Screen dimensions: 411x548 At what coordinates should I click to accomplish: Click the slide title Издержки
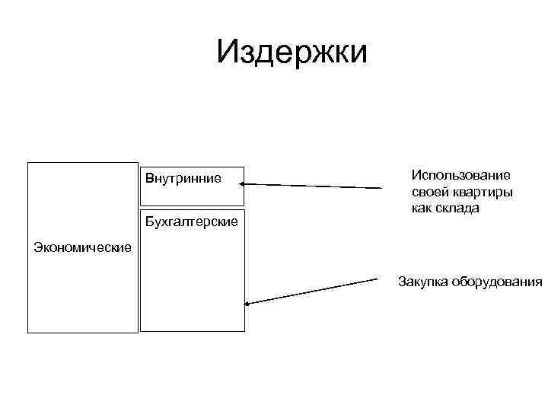tap(292, 53)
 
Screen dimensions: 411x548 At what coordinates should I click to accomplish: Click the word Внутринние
tap(183, 179)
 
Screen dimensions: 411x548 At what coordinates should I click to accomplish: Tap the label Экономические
tap(83, 247)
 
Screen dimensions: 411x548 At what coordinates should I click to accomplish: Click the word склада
tap(457, 208)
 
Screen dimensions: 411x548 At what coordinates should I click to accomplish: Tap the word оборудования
tap(496, 282)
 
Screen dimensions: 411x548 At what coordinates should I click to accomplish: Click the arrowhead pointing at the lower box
tap(247, 305)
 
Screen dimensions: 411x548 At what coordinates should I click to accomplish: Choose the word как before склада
tap(422, 208)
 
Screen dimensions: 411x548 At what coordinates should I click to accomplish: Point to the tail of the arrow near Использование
tap(383, 188)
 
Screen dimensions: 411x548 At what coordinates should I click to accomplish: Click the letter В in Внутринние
tap(149, 179)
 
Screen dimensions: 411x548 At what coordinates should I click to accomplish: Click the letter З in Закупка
tap(401, 282)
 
